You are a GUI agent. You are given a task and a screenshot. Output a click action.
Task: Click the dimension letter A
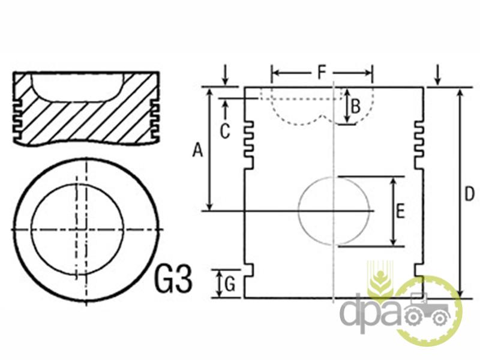point(197,151)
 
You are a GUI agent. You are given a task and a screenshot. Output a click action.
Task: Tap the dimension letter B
point(355,107)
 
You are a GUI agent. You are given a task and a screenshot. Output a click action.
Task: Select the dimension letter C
point(225,131)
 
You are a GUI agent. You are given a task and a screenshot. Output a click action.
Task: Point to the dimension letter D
point(469,194)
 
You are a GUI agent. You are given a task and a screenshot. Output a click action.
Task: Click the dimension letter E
point(401,211)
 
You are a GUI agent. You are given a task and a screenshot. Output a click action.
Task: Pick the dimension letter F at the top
point(322,73)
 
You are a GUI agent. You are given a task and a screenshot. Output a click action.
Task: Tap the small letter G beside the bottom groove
point(230,284)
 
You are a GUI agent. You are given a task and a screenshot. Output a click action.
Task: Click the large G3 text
point(173,278)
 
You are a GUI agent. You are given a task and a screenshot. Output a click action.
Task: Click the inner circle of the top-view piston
point(31,229)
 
